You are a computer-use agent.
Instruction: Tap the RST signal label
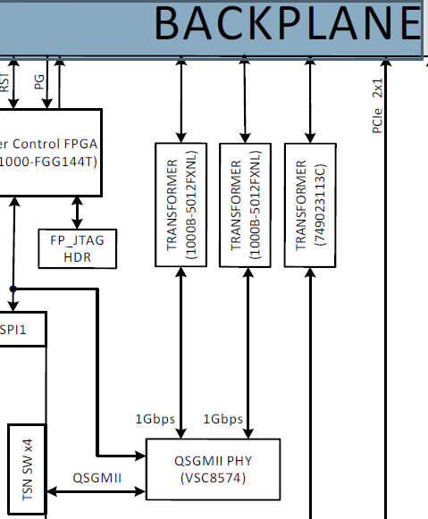point(6,83)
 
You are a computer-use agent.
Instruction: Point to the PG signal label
point(38,83)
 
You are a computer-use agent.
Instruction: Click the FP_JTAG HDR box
point(77,248)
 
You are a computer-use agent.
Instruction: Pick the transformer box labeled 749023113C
point(310,204)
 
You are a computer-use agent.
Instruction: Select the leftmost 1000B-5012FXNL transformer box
point(181,204)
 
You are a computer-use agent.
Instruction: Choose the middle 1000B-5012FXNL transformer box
point(246,204)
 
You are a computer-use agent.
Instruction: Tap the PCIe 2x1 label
point(377,106)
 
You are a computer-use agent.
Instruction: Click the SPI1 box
point(21,329)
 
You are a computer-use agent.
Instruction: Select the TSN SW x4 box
point(27,470)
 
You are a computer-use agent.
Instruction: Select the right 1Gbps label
point(223,419)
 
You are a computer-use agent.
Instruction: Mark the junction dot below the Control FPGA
point(13,289)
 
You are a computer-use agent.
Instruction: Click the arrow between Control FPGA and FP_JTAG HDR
point(77,211)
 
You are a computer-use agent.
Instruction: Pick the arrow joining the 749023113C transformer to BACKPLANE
point(310,103)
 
